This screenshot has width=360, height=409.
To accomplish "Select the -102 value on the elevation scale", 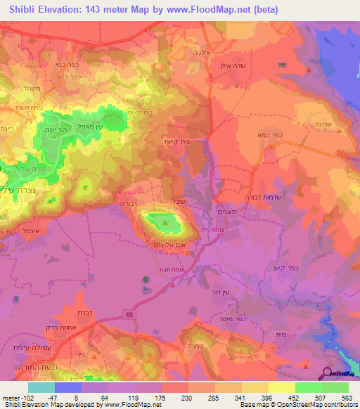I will pos(15,398).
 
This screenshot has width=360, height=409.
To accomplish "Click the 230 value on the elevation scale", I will pos(174,398).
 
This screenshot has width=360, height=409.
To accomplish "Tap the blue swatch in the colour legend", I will pos(68,387).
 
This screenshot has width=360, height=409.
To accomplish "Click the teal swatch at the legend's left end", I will pos(41,387).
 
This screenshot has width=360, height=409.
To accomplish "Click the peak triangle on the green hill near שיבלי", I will pos(166,223).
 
